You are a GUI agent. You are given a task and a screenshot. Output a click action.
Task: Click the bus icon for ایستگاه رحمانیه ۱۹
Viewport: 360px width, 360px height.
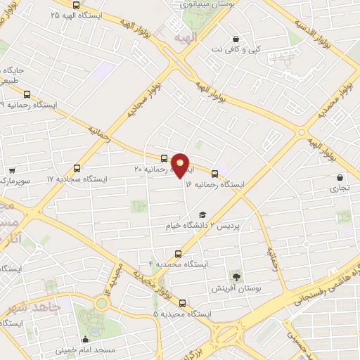[27, 94]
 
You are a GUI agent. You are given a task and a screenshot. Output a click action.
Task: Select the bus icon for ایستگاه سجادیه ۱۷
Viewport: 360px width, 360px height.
[77, 169]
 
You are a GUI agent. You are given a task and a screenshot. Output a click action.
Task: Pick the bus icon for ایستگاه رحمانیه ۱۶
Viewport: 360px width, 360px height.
[214, 174]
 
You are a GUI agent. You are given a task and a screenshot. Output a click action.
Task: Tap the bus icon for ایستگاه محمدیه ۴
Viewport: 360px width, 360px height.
[177, 254]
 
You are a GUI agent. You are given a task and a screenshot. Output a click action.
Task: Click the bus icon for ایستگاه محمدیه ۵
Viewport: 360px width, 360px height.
[183, 304]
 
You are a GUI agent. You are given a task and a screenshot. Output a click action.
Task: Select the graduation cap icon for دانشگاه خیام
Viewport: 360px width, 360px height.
[202, 215]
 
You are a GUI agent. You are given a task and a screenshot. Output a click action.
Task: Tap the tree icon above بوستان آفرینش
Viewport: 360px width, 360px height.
[236, 277]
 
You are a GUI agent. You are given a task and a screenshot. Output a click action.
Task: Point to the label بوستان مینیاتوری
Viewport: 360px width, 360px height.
[198, 5]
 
